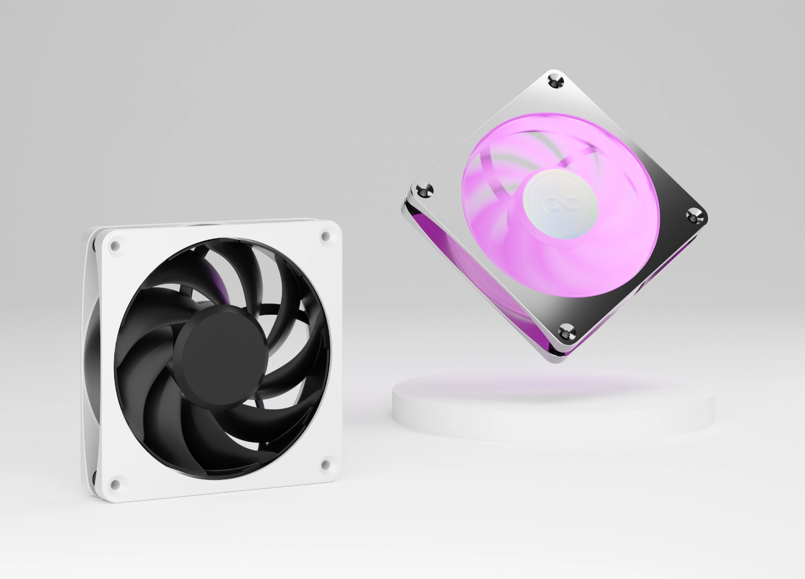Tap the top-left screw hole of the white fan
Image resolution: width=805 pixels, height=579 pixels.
pyautogui.click(x=115, y=246)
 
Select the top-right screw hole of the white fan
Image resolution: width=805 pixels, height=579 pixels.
pyautogui.click(x=325, y=235)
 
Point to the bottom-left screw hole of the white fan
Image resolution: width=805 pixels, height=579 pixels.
pyautogui.click(x=114, y=483)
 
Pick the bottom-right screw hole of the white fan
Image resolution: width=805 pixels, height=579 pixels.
pyautogui.click(x=324, y=464)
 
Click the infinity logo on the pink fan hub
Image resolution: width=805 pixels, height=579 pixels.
pyautogui.click(x=553, y=203)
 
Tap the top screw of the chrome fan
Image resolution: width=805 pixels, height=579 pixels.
pyautogui.click(x=556, y=81)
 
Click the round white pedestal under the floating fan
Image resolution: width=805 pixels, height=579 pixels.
pyautogui.click(x=553, y=413)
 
